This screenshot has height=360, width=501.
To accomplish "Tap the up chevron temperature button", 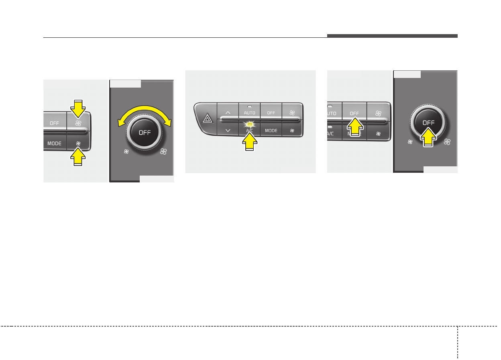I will click(228, 112).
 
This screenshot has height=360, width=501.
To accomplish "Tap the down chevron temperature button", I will click(228, 130).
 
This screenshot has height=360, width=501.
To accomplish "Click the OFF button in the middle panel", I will click(271, 113).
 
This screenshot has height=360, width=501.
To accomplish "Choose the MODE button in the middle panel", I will click(271, 131).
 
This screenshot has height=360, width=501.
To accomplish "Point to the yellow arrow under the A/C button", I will click(250, 142).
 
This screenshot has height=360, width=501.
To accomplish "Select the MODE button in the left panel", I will click(54, 143).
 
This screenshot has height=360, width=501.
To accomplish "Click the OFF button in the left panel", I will click(54, 123).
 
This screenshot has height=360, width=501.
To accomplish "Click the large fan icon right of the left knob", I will click(163, 151).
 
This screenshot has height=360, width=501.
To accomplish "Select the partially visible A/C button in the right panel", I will click(331, 133).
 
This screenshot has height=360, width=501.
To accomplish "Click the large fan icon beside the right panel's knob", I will click(447, 141).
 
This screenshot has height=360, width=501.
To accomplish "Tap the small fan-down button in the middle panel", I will click(293, 131).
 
